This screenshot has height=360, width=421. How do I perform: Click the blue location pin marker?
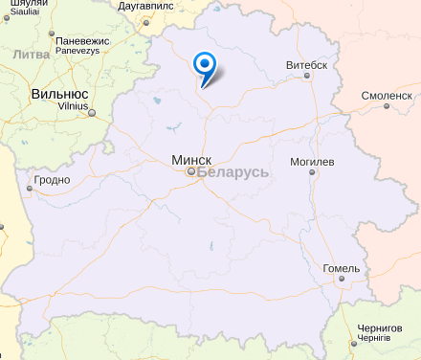tap(204, 66)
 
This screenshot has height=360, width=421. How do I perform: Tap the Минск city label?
tap(191, 159)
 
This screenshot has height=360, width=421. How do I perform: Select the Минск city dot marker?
tap(190, 172)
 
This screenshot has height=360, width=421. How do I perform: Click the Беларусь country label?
tap(234, 172)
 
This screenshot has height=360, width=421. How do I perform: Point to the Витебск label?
tap(306, 65)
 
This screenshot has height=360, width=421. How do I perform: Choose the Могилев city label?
tap(313, 162)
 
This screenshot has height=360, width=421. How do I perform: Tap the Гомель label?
tap(342, 268)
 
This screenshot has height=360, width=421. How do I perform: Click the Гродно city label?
tap(52, 179)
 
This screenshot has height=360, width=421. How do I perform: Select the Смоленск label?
tap(387, 96)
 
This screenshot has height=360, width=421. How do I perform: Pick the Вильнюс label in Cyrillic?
tap(59, 94)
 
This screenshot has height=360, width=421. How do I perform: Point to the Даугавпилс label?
tap(151, 6)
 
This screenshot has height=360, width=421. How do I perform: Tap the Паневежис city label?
tap(84, 42)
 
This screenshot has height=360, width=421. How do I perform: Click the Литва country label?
tap(32, 55)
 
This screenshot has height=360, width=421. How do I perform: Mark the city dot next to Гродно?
tap(30, 189)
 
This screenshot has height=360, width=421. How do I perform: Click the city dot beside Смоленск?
tap(387, 106)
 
